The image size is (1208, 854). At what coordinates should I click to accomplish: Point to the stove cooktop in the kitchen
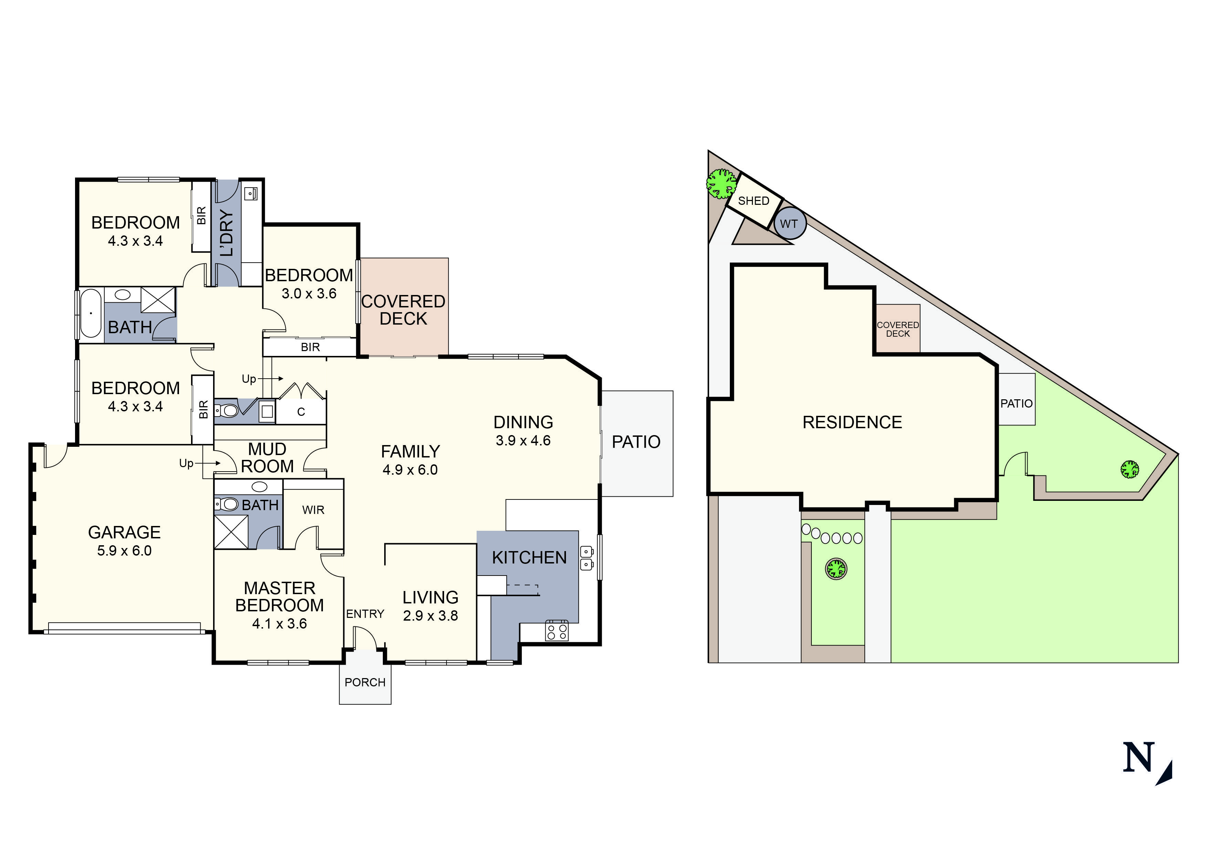557,630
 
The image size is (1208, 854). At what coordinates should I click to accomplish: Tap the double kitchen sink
586,558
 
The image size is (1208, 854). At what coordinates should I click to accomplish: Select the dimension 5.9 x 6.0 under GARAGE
124,551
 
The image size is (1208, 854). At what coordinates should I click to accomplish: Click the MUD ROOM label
267,458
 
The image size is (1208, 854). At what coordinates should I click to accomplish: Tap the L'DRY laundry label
226,233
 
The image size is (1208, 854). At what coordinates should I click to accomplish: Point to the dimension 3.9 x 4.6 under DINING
523,441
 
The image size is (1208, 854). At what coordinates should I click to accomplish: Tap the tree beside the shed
721,183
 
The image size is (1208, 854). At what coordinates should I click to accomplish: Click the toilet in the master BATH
228,504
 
